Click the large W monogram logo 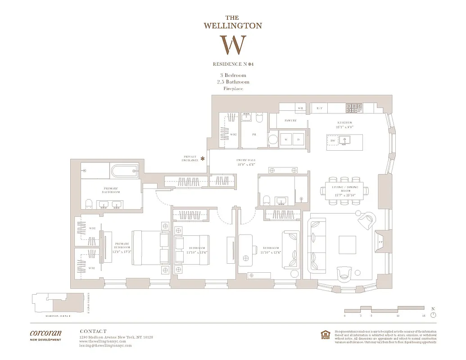point(233,45)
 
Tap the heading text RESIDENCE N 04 point(233,64)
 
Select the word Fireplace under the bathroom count point(233,89)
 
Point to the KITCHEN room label point(345,123)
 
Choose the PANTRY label point(290,121)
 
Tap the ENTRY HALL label point(246,160)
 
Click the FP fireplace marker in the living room point(380,241)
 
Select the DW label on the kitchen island point(333,141)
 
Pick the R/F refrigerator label point(319,108)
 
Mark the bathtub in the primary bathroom point(124,171)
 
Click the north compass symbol point(433,315)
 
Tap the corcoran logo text point(45,333)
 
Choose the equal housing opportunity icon point(324,335)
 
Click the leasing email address point(105,346)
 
